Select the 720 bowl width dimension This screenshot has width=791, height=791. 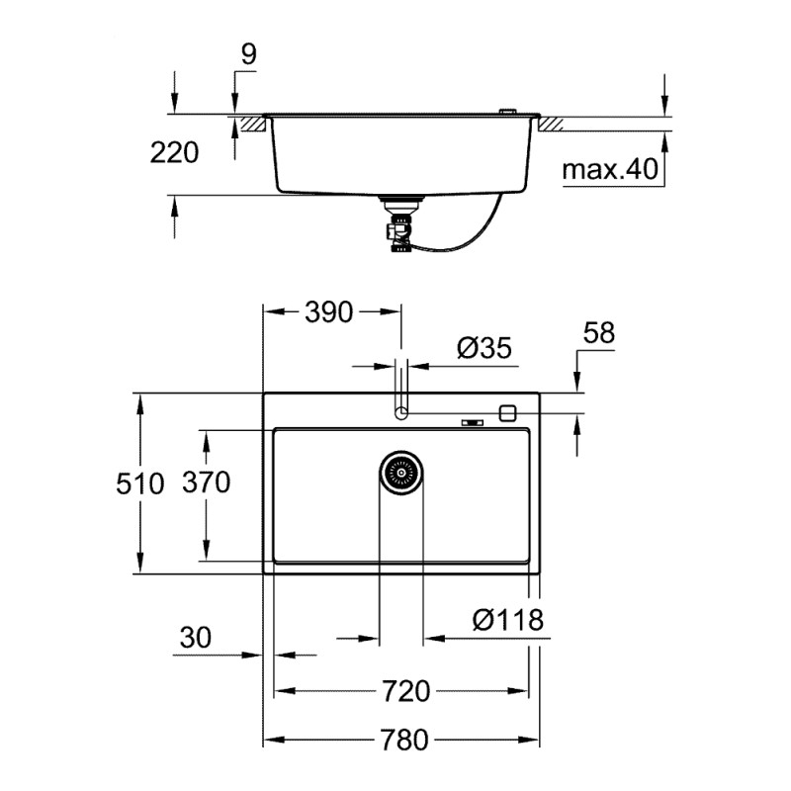click(406, 691)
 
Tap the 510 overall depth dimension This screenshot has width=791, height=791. click(164, 483)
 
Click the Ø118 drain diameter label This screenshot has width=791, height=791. click(507, 620)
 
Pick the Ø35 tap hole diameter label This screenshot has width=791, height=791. click(483, 347)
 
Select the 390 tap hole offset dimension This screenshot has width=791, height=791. click(328, 312)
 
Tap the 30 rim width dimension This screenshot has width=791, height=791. click(196, 638)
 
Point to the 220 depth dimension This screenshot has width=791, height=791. click(174, 152)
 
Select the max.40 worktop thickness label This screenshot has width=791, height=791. click(610, 170)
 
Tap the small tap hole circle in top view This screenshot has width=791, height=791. click(401, 412)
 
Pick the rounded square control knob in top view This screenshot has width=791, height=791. click(509, 412)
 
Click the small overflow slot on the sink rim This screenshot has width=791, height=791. click(474, 424)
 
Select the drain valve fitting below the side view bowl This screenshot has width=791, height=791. click(401, 225)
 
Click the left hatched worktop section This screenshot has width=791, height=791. click(251, 125)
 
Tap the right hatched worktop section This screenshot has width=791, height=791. click(549, 125)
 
